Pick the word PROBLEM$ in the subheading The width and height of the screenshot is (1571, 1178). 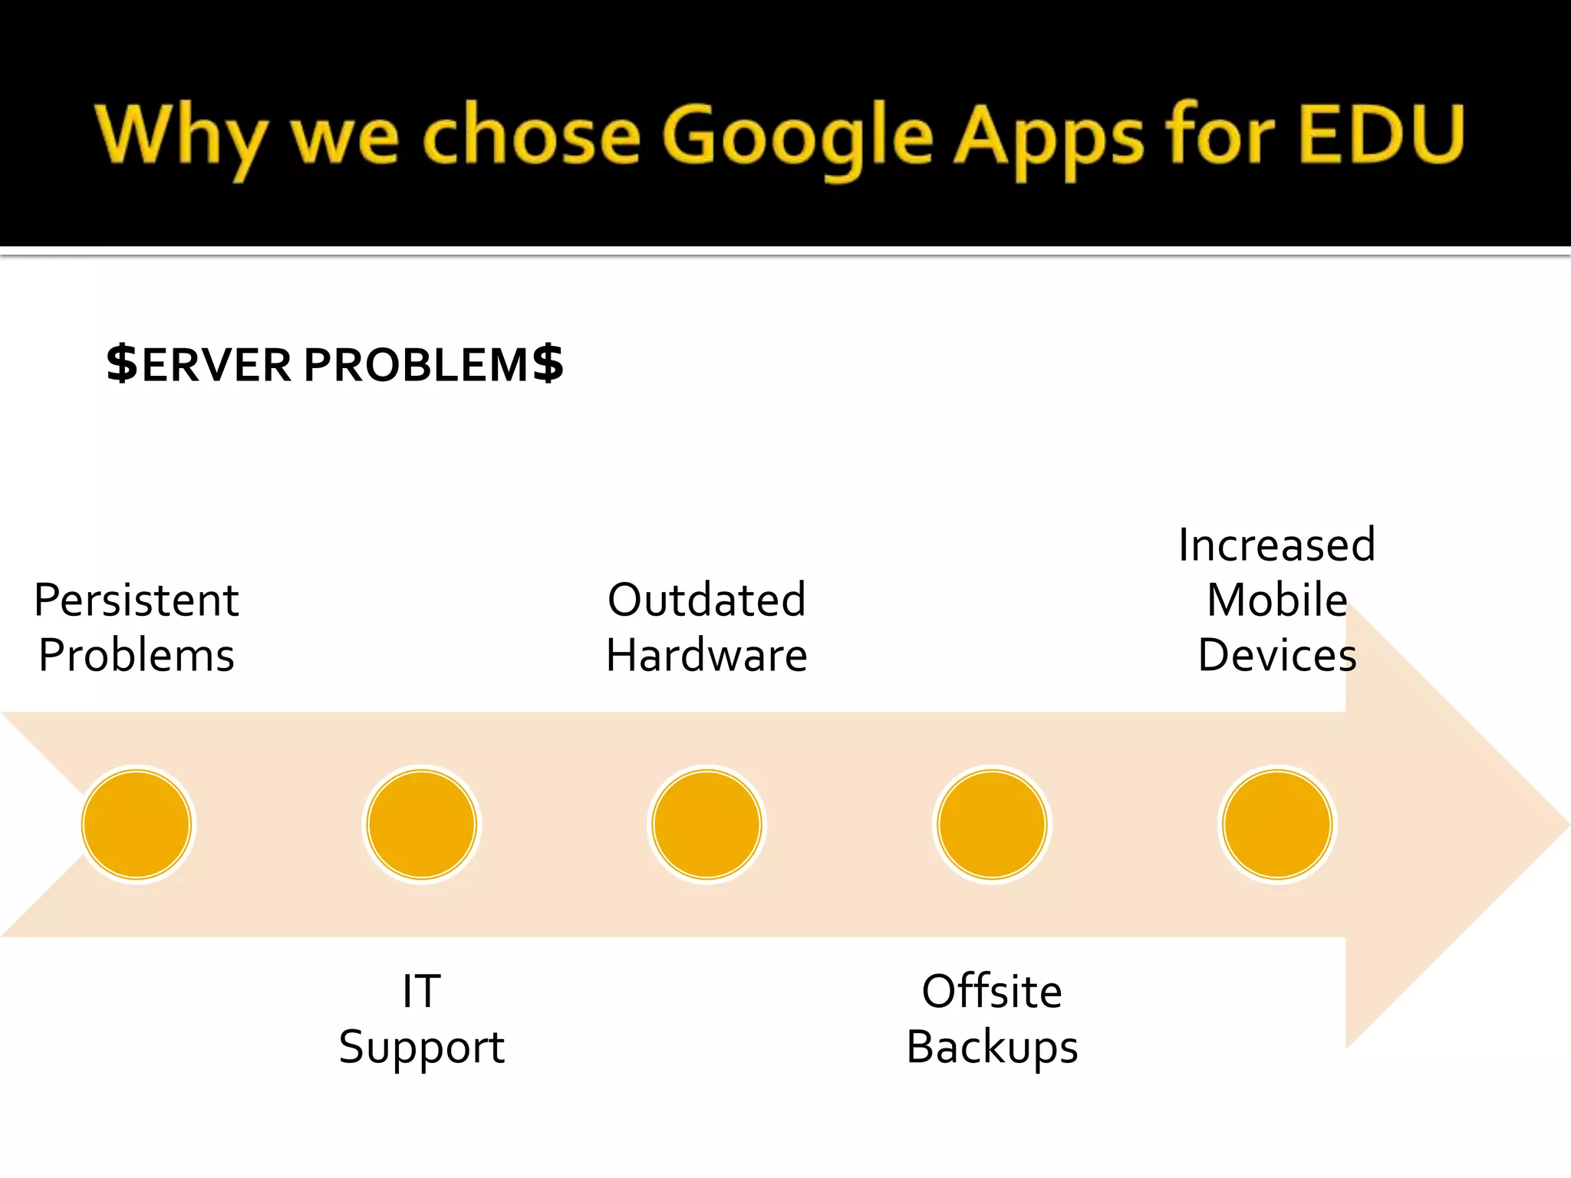(433, 364)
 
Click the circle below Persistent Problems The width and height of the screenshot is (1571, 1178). (137, 824)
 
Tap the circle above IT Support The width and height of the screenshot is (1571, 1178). (422, 824)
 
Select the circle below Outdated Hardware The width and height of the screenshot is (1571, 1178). (706, 824)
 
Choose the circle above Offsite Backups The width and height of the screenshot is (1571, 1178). (992, 824)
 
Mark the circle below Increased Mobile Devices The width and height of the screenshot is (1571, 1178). (1277, 824)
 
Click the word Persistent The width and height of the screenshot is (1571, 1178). (137, 600)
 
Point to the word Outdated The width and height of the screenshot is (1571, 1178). (706, 600)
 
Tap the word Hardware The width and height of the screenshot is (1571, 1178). (706, 656)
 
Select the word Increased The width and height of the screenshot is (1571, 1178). (1277, 545)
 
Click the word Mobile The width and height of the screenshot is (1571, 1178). (1277, 600)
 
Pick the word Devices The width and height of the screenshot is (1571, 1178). (1277, 656)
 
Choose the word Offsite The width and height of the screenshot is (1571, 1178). (992, 991)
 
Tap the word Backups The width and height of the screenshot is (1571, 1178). (992, 1047)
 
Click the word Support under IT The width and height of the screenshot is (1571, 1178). (422, 1047)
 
